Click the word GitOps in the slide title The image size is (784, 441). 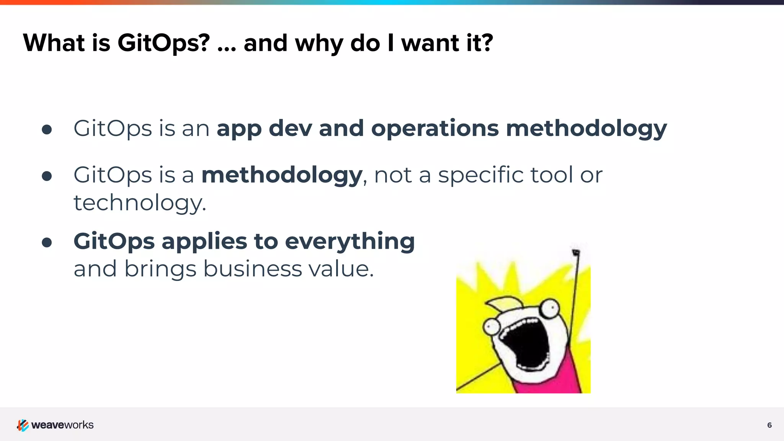(163, 43)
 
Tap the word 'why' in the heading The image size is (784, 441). (319, 43)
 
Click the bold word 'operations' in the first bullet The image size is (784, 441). (435, 128)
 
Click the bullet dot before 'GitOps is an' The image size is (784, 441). (47, 129)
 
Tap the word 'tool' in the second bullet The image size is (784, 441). (551, 175)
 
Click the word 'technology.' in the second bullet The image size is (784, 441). (140, 203)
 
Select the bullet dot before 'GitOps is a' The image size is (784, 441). (47, 176)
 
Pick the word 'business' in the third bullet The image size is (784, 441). (252, 269)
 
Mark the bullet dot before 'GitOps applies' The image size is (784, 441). (47, 242)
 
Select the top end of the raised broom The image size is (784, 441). (576, 252)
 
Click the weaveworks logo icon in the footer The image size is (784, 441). (23, 425)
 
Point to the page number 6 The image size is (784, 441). (769, 425)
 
